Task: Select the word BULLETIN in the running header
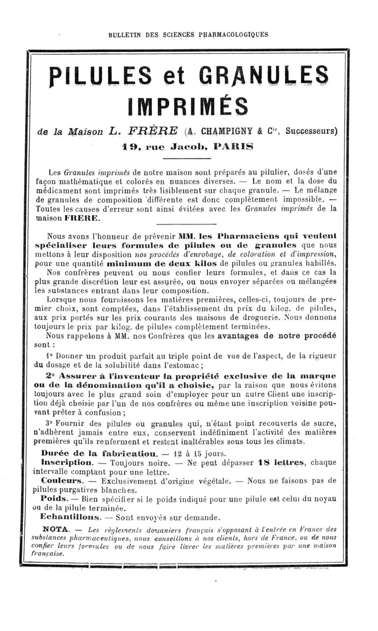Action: coord(125,34)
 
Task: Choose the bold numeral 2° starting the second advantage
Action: coord(52,377)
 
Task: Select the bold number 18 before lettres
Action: coord(264,462)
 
